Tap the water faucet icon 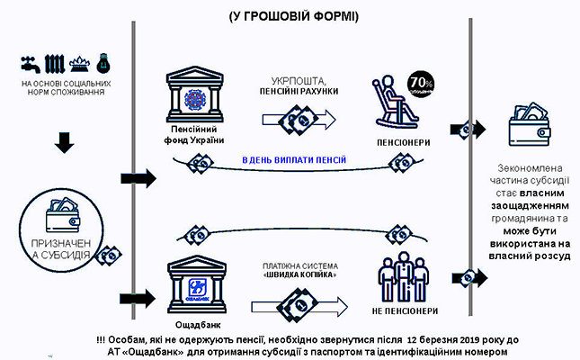28,64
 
